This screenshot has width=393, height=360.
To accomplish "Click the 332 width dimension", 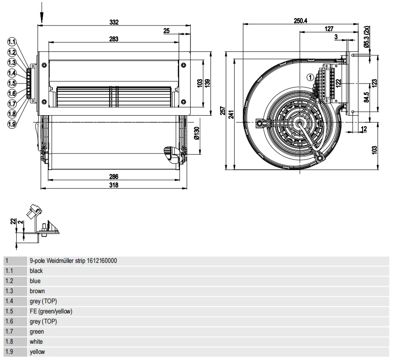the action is tap(114, 22).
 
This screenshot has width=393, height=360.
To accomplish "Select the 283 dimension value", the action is tap(114, 39).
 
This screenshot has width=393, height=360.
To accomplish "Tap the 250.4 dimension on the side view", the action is tap(301, 21).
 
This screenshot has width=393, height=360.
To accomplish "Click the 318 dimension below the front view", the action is tap(114, 185).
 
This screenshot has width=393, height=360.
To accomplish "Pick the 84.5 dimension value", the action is tap(367, 97).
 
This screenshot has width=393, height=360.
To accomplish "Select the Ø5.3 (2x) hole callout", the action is tap(367, 36).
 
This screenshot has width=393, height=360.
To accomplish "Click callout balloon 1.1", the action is tap(11, 42).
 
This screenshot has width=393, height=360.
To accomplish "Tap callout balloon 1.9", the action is tap(11, 124).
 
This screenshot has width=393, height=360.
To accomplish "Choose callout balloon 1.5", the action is tap(11, 83).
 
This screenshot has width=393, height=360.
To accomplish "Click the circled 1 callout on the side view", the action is tap(310, 77).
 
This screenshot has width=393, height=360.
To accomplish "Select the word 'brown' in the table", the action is tap(37, 291).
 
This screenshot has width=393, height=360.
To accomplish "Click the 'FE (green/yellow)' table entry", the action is tap(51, 312).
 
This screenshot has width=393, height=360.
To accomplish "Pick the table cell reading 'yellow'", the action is tap(37, 352).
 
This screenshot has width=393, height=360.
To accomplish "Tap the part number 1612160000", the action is tap(102, 261).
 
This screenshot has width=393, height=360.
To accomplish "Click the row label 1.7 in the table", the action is tap(9, 331).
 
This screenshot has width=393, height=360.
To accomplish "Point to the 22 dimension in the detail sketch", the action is tap(13, 221).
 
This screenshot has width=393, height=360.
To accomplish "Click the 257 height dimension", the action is tap(223, 111).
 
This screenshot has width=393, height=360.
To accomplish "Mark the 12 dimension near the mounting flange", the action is tap(364, 129).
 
